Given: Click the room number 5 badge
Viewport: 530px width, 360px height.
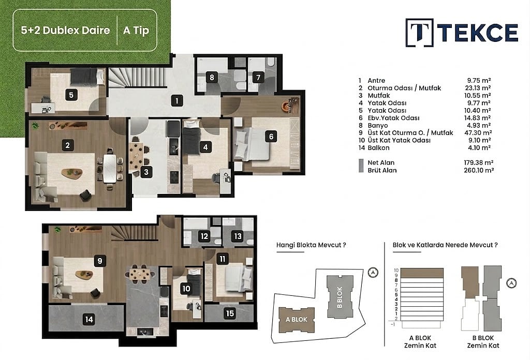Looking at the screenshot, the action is (x=71, y=95).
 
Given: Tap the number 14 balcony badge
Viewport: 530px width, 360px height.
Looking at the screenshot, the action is (x=89, y=319).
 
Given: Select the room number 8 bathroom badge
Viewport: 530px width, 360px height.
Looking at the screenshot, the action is (x=212, y=78).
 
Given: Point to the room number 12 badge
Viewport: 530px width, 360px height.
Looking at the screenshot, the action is (x=204, y=236).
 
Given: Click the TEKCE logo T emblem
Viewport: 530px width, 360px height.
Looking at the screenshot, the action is (x=419, y=33).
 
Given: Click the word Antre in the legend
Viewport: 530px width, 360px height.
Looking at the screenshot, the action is (x=376, y=80).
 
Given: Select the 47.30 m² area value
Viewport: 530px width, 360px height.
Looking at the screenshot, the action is (x=478, y=133).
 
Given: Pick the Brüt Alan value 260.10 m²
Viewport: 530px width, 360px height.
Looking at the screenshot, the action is (x=479, y=170).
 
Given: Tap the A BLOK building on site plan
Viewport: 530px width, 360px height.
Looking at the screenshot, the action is (x=297, y=320).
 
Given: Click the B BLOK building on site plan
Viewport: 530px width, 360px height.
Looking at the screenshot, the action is (x=340, y=296).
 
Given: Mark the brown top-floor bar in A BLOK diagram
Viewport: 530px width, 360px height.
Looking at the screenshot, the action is (x=422, y=273).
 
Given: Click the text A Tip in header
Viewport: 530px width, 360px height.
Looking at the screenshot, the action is (x=136, y=31).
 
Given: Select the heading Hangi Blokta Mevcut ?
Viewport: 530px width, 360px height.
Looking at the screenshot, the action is (x=311, y=245).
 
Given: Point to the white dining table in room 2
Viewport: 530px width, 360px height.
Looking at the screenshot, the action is (x=110, y=168).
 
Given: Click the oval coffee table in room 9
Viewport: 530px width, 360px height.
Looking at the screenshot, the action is (x=84, y=275).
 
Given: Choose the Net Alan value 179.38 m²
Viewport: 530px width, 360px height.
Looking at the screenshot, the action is (x=478, y=163).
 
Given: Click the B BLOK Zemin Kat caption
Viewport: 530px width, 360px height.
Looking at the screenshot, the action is (x=483, y=341).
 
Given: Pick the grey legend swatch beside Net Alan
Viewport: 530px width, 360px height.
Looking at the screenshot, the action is (x=361, y=166).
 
